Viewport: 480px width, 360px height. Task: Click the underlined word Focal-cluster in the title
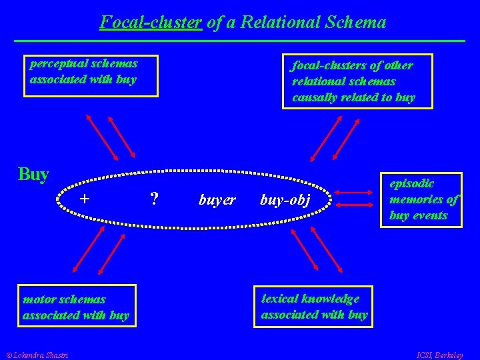tap(151, 23)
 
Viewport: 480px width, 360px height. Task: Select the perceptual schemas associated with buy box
tap(91, 75)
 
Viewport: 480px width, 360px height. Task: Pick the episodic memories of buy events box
tap(421, 199)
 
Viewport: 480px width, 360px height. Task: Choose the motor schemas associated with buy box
tap(77, 306)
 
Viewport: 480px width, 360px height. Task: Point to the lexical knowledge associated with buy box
tap(314, 307)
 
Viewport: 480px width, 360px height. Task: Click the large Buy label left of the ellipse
tap(34, 175)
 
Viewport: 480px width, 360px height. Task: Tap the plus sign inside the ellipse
tap(85, 199)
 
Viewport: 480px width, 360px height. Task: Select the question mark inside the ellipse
tap(154, 199)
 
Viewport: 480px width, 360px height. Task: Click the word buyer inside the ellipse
tap(217, 199)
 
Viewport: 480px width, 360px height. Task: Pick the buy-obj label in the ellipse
tap(285, 200)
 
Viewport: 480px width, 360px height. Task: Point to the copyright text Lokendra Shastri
tap(39, 354)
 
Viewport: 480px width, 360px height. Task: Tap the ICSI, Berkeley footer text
tap(439, 354)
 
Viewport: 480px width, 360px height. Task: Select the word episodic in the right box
tap(412, 183)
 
